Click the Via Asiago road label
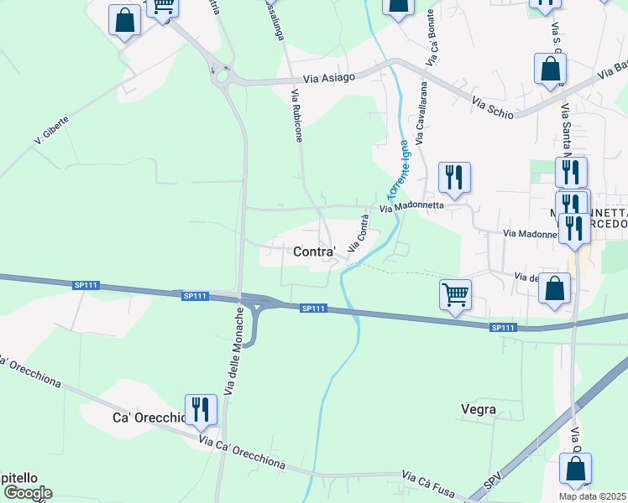pyautogui.click(x=330, y=78)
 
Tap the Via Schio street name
pyautogui.click(x=494, y=106)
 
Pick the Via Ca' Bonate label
pyautogui.click(x=432, y=39)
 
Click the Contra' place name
pyautogui.click(x=315, y=251)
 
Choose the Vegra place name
pyautogui.click(x=479, y=410)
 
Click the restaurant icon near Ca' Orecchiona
pyautogui.click(x=200, y=409)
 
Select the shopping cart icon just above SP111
pyautogui.click(x=455, y=293)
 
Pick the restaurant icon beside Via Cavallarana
pyautogui.click(x=454, y=177)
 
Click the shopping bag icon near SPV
pyautogui.click(x=575, y=469)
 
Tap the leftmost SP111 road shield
pyautogui.click(x=86, y=285)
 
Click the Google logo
pyautogui.click(x=28, y=493)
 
